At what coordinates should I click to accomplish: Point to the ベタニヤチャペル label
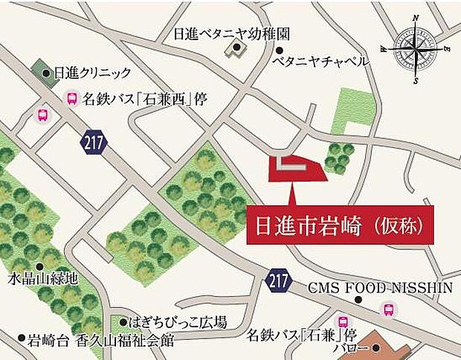point(320,62)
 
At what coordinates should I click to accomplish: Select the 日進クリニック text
point(91,73)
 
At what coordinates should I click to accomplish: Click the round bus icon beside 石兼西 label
point(73,97)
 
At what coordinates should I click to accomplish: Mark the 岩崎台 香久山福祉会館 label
point(101,341)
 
